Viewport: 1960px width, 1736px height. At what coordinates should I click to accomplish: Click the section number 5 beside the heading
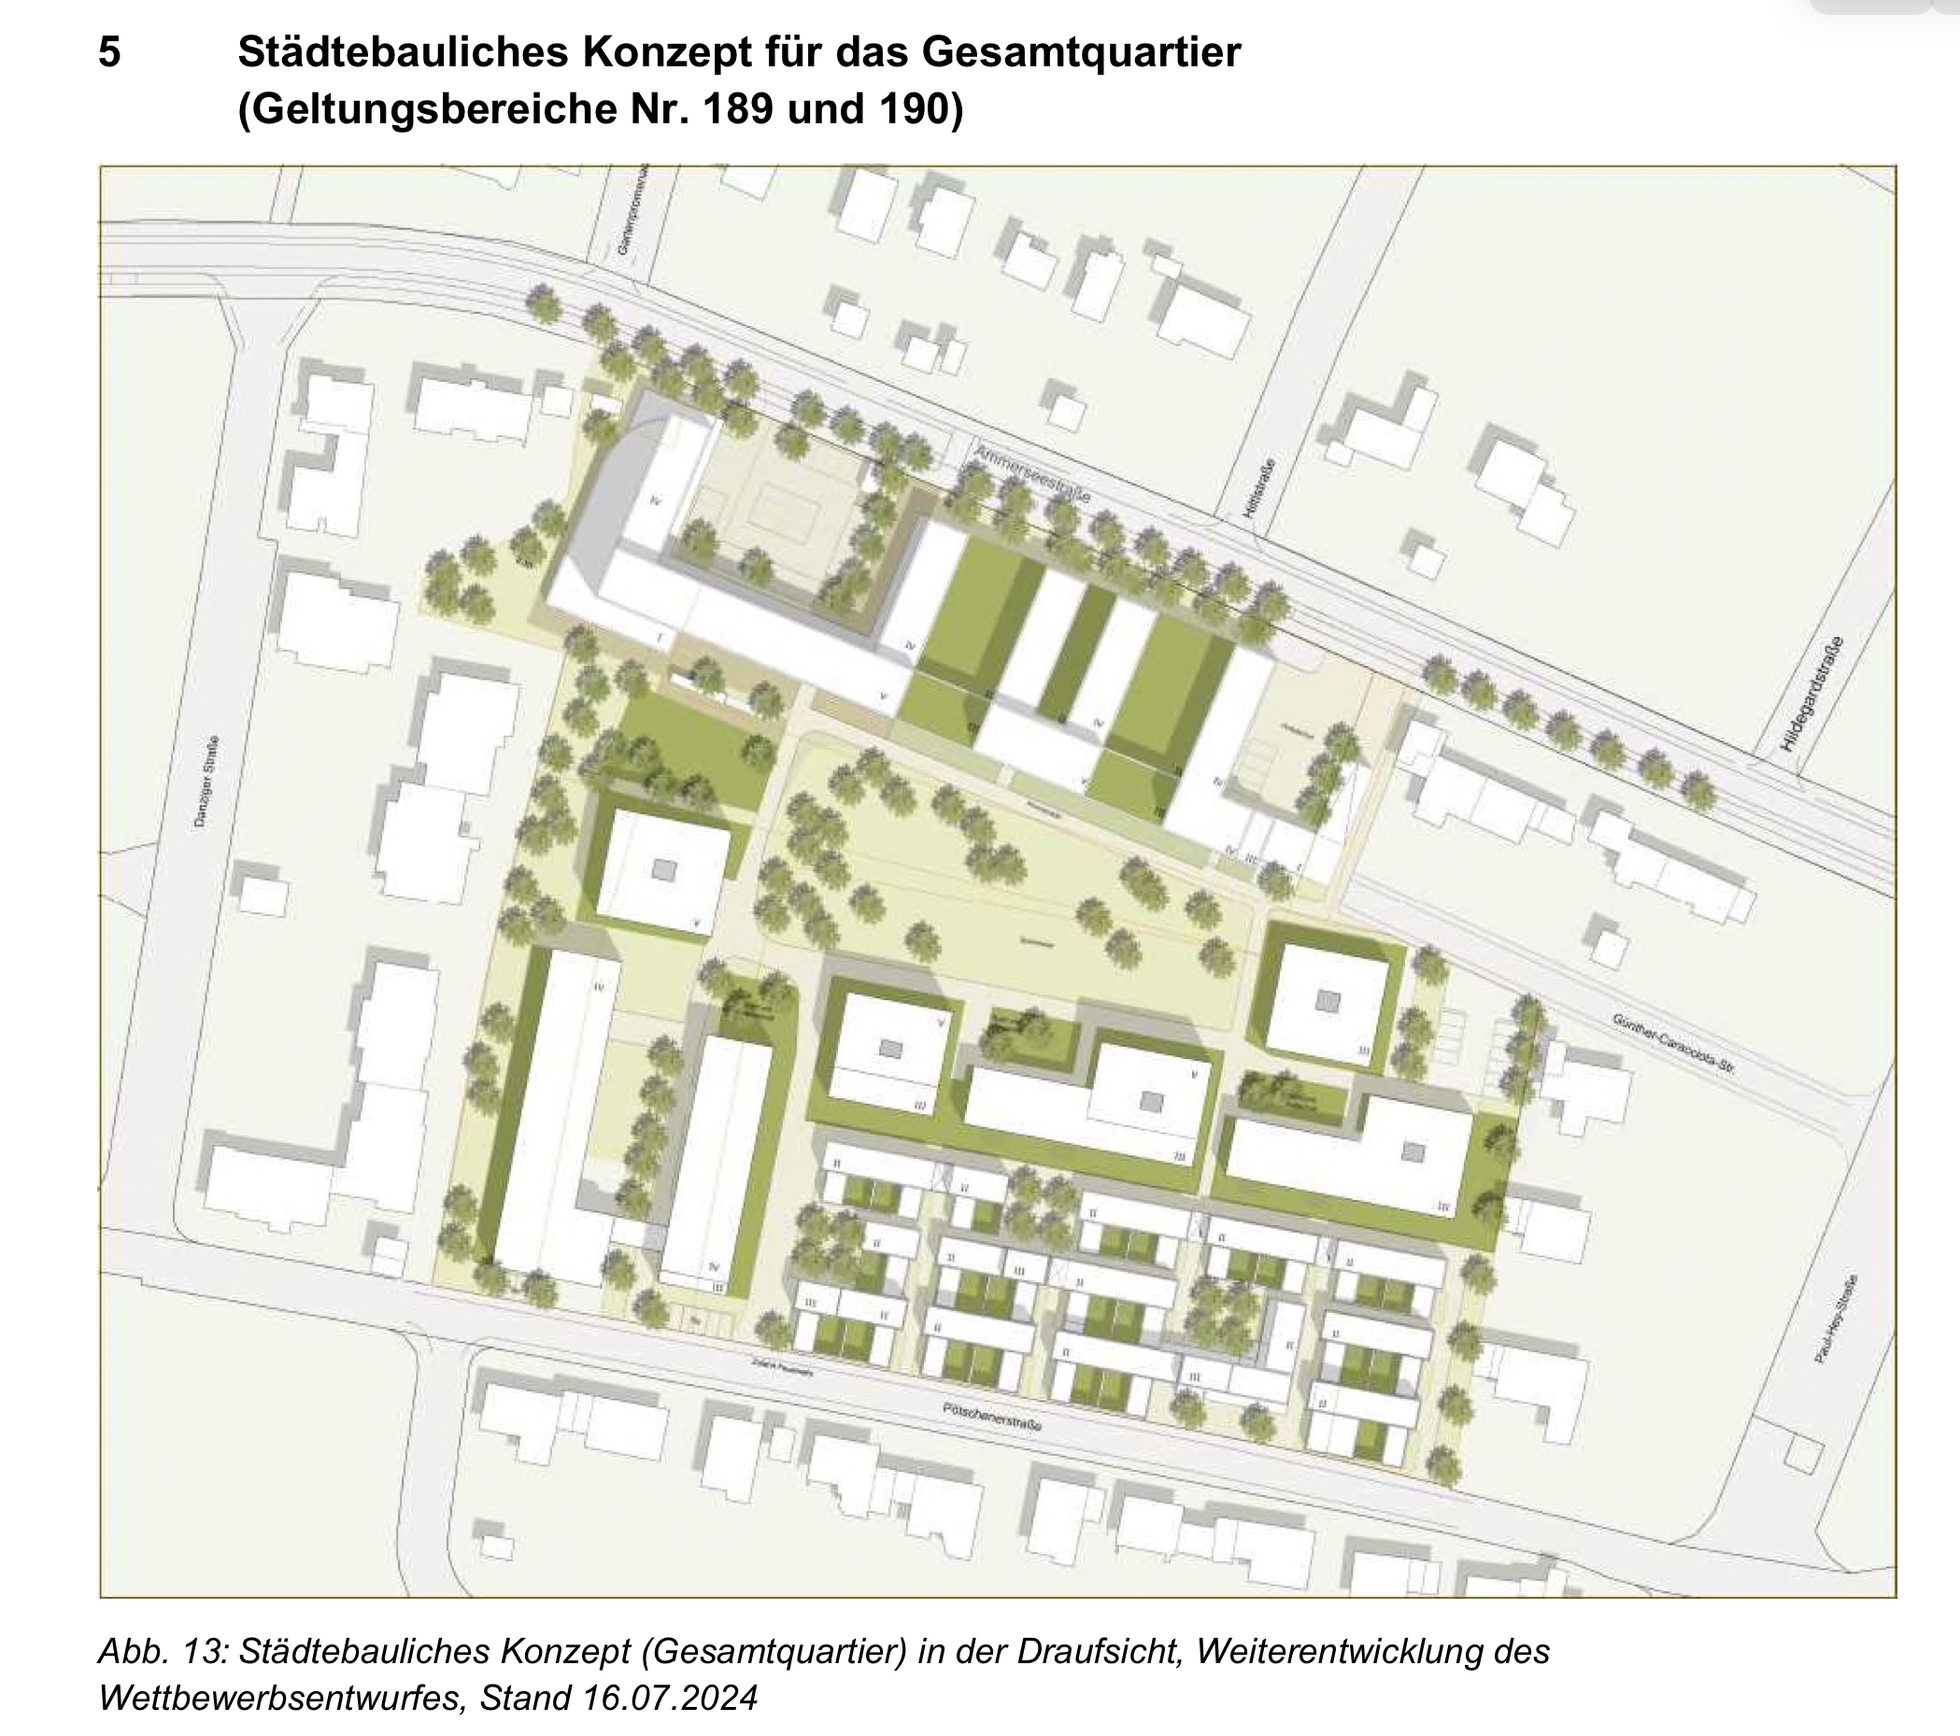[x=109, y=51]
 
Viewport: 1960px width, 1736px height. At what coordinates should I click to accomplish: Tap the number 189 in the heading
[x=736, y=109]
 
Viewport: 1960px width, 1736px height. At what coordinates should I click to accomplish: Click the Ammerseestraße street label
[x=1030, y=473]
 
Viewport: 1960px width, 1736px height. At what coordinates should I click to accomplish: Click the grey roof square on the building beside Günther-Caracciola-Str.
[x=1328, y=1000]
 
